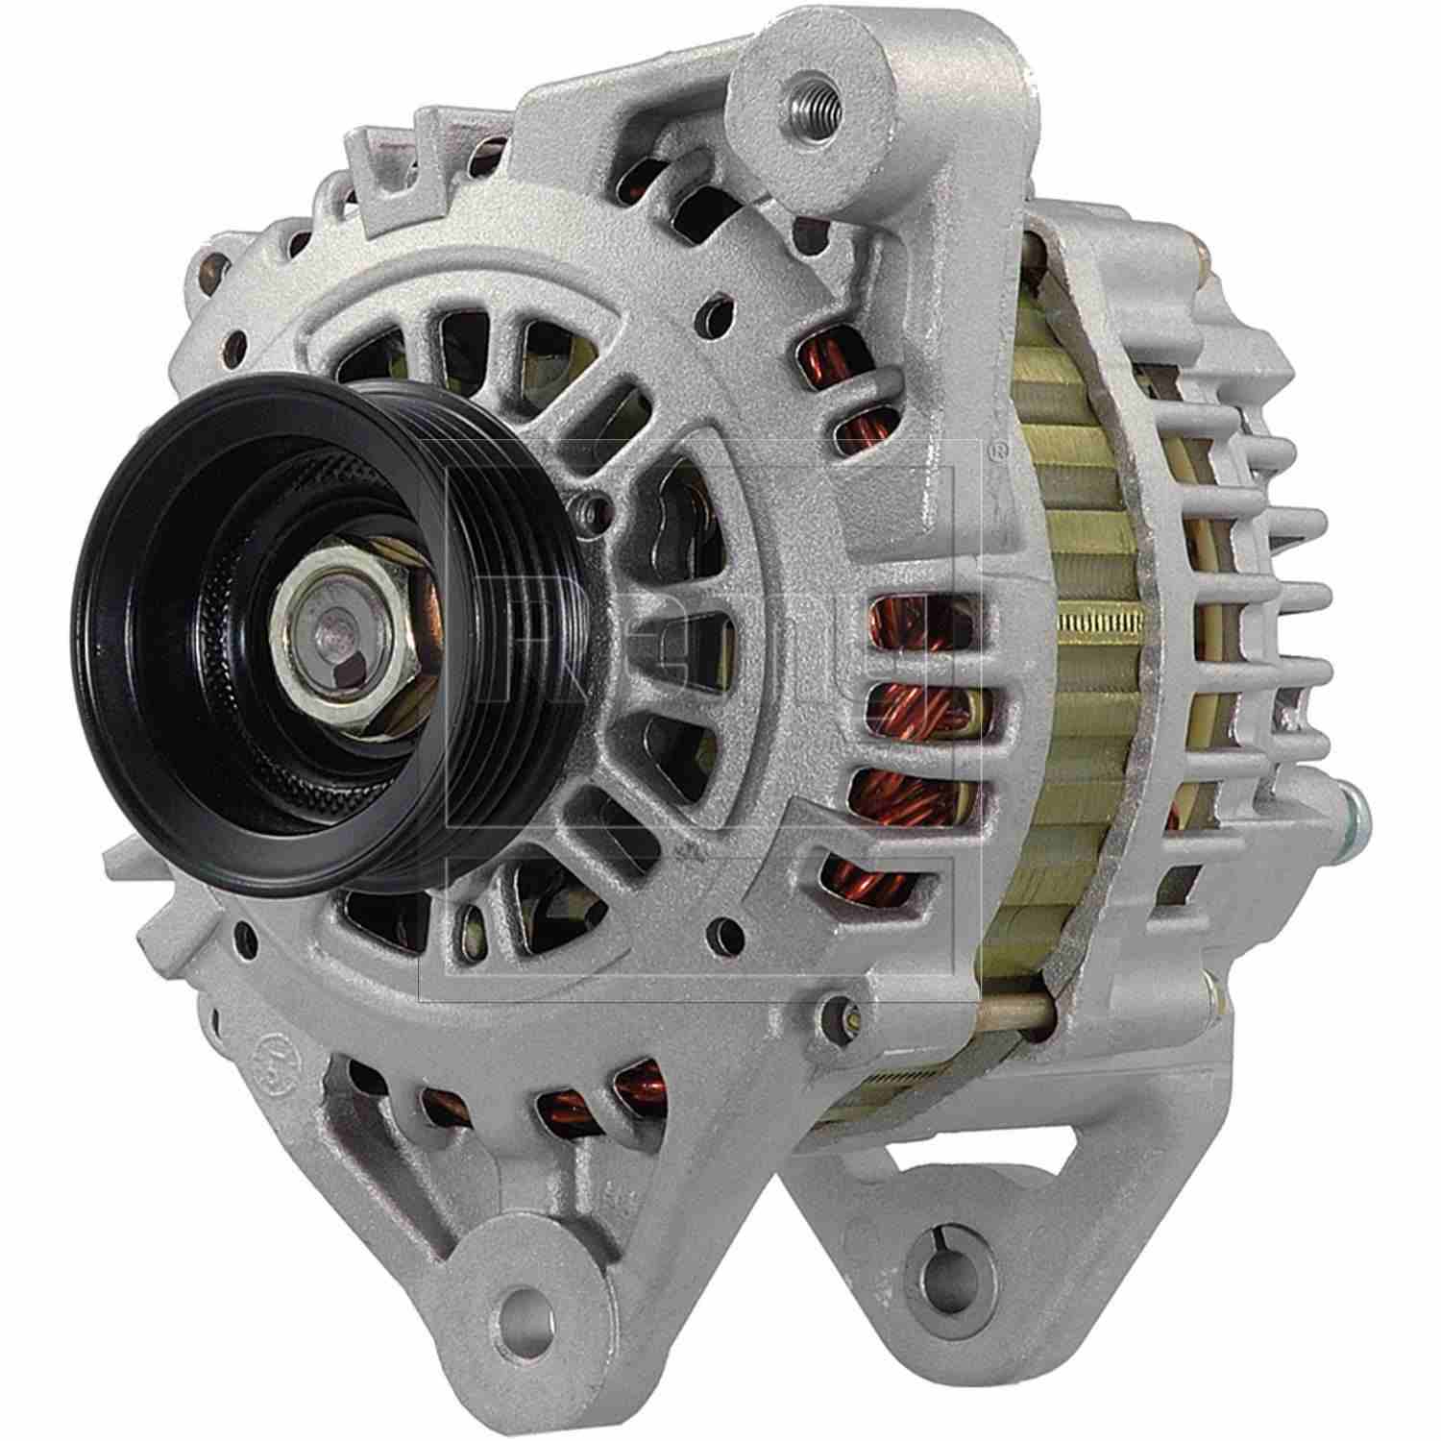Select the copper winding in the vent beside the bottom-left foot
[x=567, y=1114]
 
